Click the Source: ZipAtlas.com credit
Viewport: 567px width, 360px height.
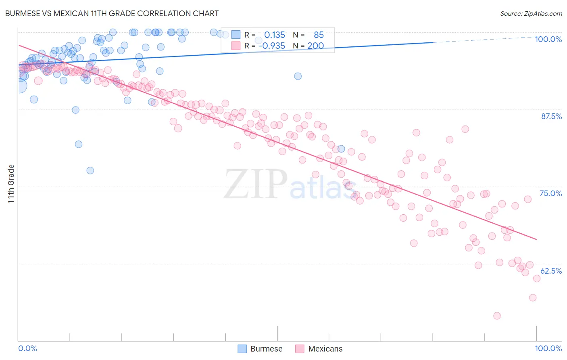pyautogui.click(x=531, y=14)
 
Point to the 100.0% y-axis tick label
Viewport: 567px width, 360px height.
pyautogui.click(x=548, y=39)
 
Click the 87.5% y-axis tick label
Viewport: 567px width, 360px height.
pyautogui.click(x=551, y=116)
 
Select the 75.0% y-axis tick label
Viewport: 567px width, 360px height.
pyautogui.click(x=550, y=193)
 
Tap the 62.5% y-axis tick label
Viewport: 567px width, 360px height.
pyautogui.click(x=551, y=271)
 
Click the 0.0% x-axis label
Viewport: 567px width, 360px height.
pyautogui.click(x=27, y=348)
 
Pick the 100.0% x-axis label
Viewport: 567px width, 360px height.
pyautogui.click(x=548, y=348)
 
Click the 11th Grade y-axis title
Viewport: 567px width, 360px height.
pyautogui.click(x=11, y=184)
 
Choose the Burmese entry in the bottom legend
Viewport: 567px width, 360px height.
pyautogui.click(x=266, y=349)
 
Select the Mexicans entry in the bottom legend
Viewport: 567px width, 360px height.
pyautogui.click(x=325, y=349)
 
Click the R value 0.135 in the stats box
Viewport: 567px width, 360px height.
pyautogui.click(x=275, y=35)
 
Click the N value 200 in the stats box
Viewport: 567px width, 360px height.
pyautogui.click(x=316, y=46)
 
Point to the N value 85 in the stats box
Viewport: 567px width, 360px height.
pyautogui.click(x=319, y=35)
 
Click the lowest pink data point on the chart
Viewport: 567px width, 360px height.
pyautogui.click(x=497, y=316)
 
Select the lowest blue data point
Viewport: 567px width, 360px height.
pyautogui.click(x=90, y=170)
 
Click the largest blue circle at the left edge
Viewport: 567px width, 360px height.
pyautogui.click(x=19, y=86)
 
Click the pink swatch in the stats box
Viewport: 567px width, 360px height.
pyautogui.click(x=236, y=46)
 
